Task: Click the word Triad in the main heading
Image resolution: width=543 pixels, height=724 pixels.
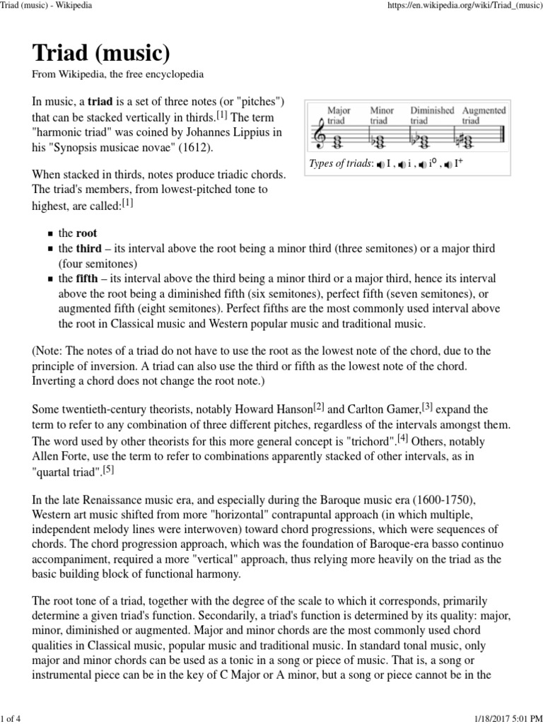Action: (65, 54)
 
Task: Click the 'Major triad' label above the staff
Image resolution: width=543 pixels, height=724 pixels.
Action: (339, 115)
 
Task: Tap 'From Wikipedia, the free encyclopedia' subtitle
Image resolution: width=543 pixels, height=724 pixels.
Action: (117, 74)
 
